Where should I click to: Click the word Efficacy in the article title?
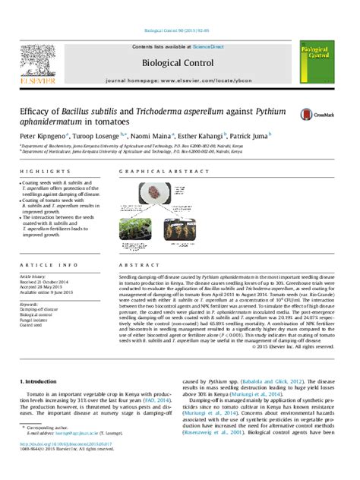[x=38, y=111]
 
